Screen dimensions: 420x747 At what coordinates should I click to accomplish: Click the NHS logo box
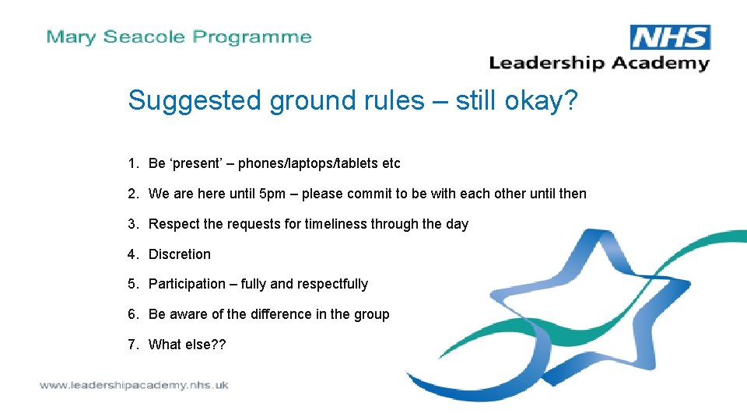[x=669, y=37]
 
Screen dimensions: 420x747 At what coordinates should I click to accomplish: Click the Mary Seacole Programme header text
[x=179, y=37]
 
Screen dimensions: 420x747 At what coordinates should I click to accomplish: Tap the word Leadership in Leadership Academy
[x=546, y=63]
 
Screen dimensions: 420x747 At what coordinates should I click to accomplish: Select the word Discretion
[x=180, y=254]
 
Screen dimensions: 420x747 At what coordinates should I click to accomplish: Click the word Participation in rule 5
[x=187, y=284]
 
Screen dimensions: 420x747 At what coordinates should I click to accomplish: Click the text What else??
[x=187, y=345]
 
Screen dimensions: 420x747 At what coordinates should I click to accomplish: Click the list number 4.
[x=132, y=254]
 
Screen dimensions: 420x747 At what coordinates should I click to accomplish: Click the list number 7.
[x=132, y=345]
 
